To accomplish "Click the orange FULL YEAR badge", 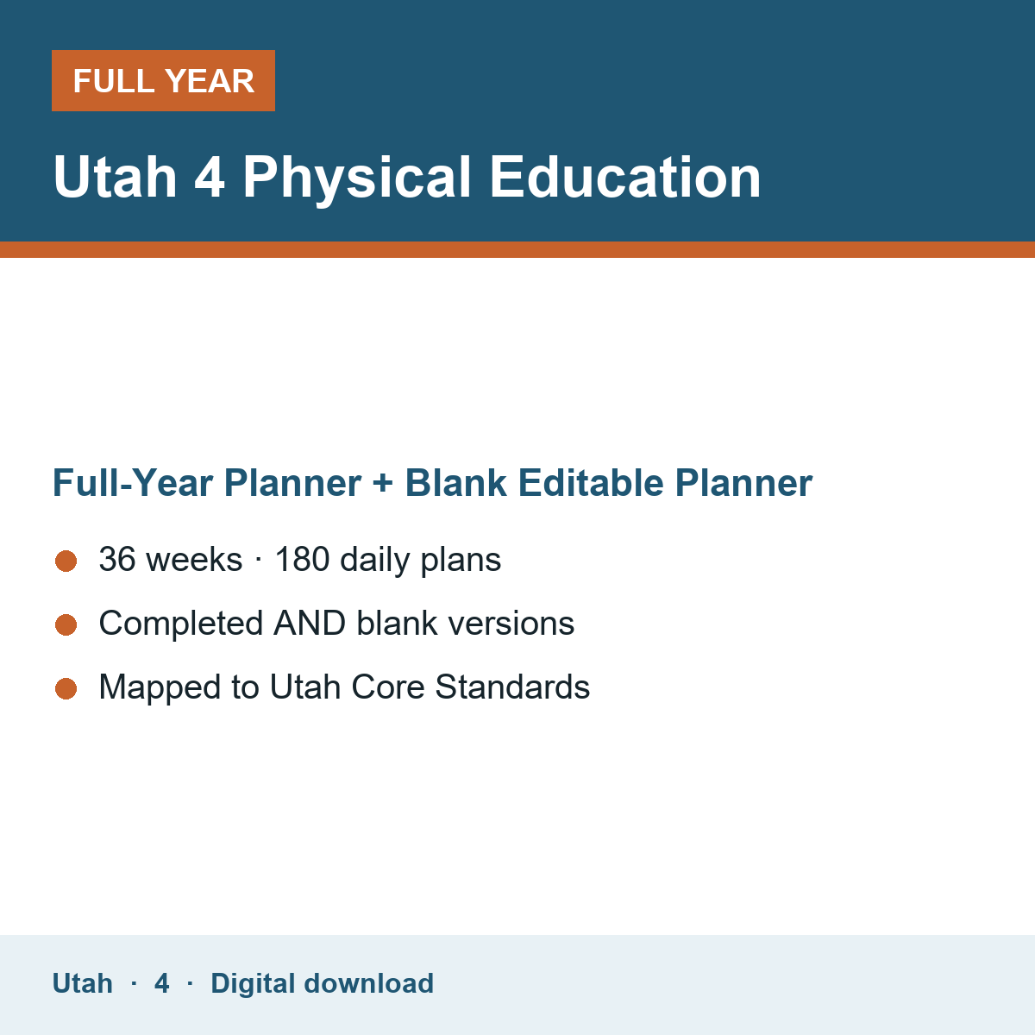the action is tap(163, 80).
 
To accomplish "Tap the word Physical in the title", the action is tap(356, 178).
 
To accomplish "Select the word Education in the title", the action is tap(625, 176).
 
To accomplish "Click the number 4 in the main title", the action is tap(209, 177).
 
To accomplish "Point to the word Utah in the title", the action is tap(115, 176).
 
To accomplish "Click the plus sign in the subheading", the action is tap(383, 483).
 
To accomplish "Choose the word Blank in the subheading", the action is tap(455, 482).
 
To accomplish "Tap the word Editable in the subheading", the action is tap(591, 482).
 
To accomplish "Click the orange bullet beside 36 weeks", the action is tap(66, 561).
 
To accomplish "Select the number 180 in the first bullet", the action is tap(303, 559).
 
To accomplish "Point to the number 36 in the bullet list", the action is tap(117, 559).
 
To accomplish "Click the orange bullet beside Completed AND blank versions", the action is tap(66, 625).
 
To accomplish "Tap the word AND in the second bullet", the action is tap(310, 623).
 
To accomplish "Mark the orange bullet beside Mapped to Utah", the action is tap(66, 689).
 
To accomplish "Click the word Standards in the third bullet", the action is tap(512, 687).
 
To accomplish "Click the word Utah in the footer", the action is tap(82, 983).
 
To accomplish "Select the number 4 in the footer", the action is tap(161, 983).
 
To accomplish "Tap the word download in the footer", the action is tap(368, 983).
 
